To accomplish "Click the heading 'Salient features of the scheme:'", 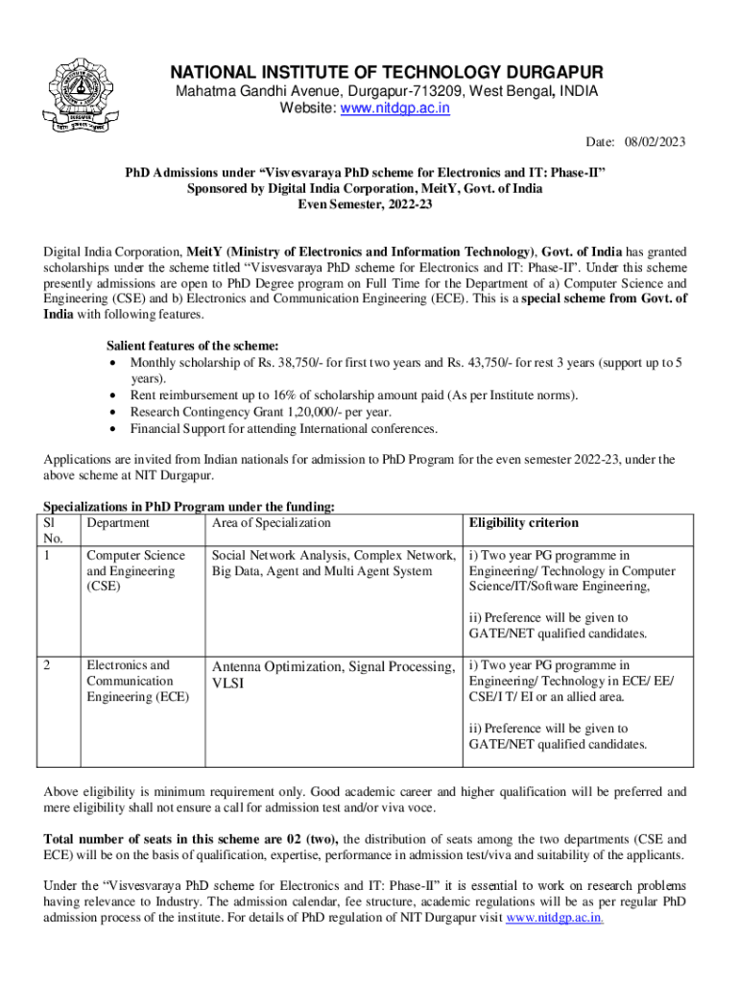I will pyautogui.click(x=192, y=347).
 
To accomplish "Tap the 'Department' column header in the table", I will pyautogui.click(x=118, y=523).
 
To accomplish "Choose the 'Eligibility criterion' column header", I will pyautogui.click(x=524, y=523).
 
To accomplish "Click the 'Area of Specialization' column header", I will pyautogui.click(x=271, y=523).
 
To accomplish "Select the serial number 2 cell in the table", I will pyautogui.click(x=48, y=664).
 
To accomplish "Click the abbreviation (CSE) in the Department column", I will pyautogui.click(x=104, y=587).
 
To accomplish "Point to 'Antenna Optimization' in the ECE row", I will pyautogui.click(x=276, y=666).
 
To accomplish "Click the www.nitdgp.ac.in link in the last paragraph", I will pyautogui.click(x=554, y=918).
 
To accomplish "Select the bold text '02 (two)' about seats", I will pyautogui.click(x=313, y=838).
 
